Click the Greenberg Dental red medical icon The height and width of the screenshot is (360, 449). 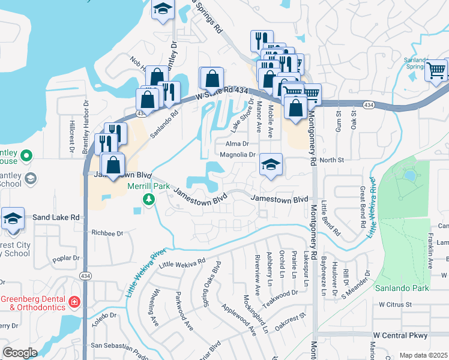coord(74,301)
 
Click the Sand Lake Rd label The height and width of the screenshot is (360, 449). coord(56,217)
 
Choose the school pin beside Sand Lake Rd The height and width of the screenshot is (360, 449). coord(12,219)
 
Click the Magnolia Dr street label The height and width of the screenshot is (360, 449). coord(238,155)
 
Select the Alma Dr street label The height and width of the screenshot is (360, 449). coord(237,144)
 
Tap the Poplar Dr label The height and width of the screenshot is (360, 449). coord(66,259)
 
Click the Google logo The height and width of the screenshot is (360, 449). coord(20,353)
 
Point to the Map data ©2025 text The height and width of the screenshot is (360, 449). coord(423,355)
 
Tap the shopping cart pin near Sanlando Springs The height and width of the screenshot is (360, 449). coord(436,70)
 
